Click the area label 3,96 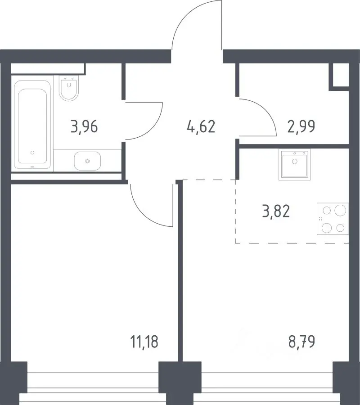(x=84, y=127)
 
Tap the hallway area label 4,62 (x=201, y=127)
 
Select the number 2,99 (x=301, y=126)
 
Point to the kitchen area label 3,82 (x=276, y=211)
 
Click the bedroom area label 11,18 (x=144, y=342)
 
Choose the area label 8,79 (x=301, y=341)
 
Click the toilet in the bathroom (x=69, y=88)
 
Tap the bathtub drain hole (x=32, y=153)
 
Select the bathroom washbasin (x=87, y=161)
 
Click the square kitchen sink (x=294, y=164)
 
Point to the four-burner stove (x=333, y=219)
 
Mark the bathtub (x=32, y=125)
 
